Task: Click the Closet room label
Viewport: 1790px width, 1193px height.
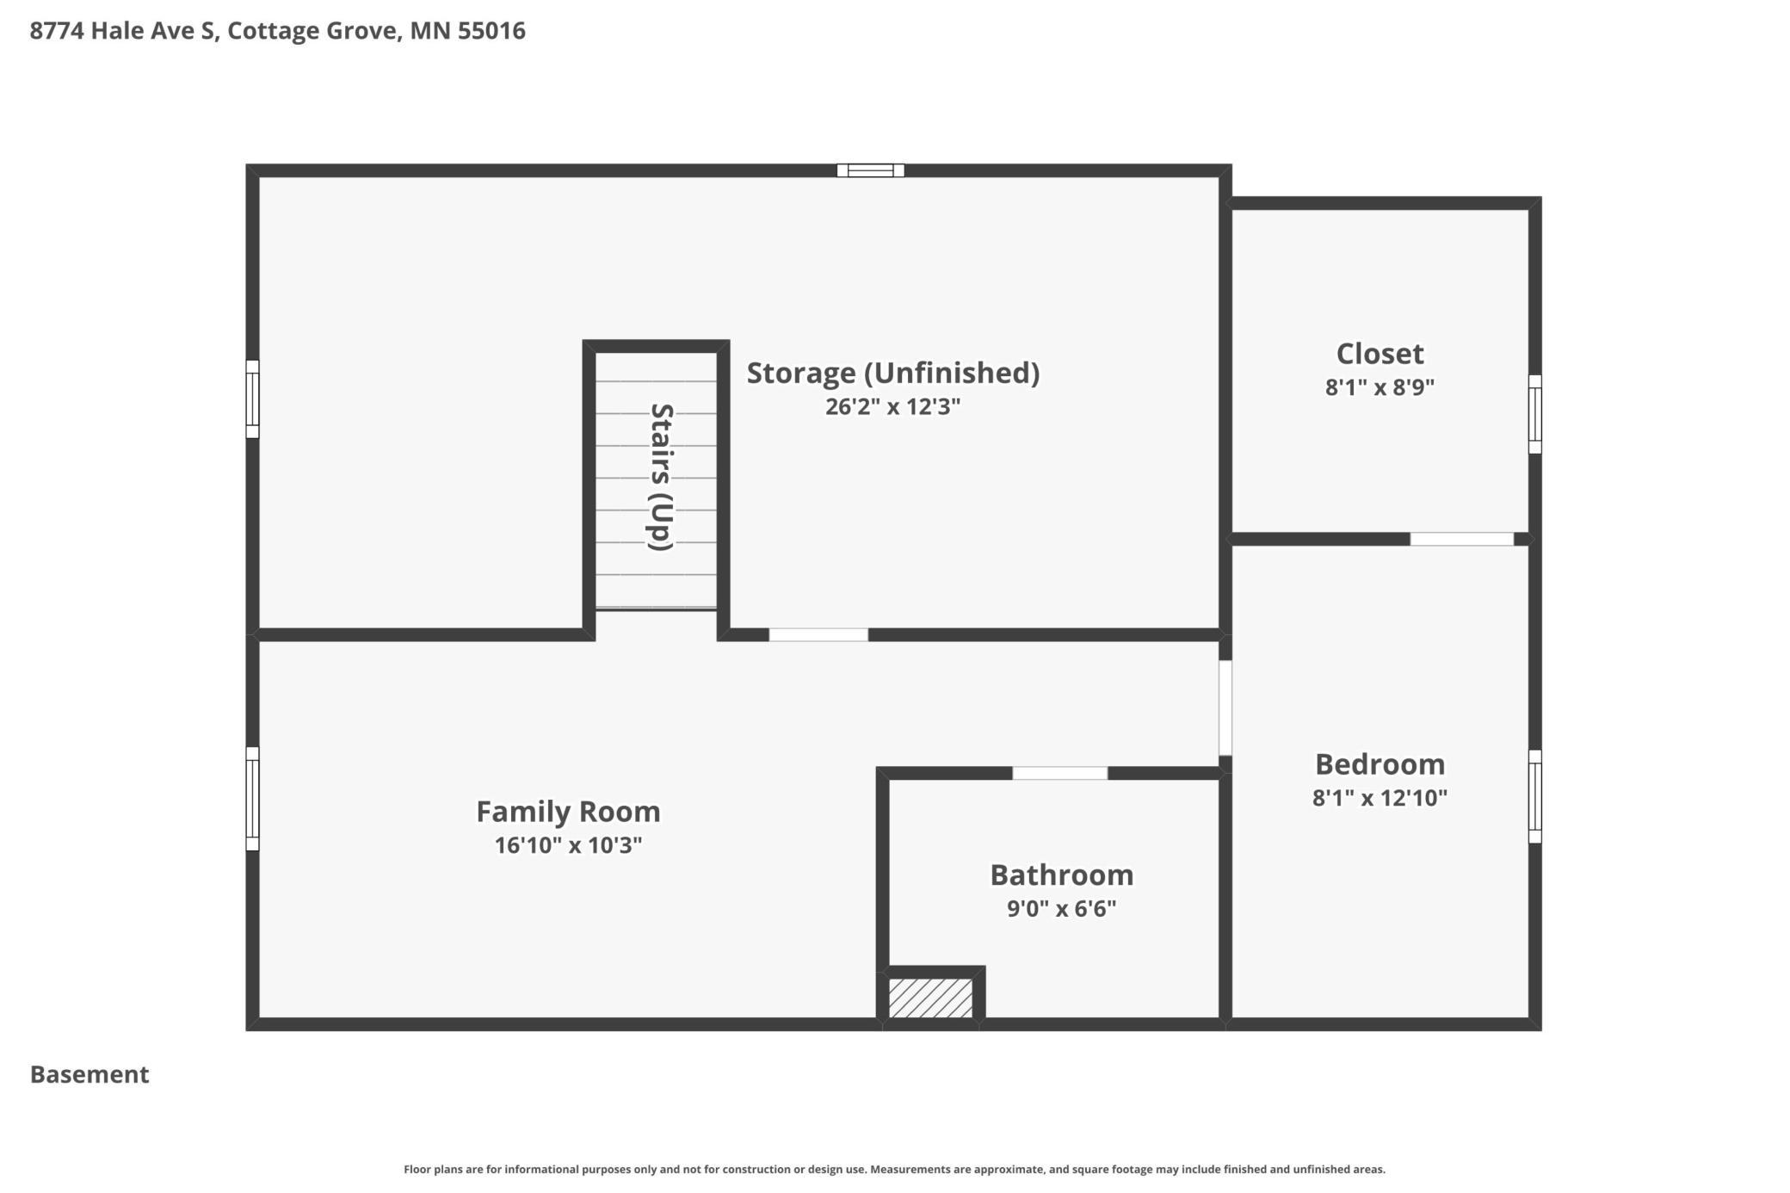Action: click(x=1380, y=354)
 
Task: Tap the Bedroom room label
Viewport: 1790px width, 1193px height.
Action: click(x=1380, y=764)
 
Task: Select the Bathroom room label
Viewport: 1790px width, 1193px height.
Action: click(x=1061, y=875)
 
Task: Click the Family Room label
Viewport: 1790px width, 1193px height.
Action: click(x=568, y=812)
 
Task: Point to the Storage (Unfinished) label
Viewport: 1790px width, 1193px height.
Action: click(x=892, y=373)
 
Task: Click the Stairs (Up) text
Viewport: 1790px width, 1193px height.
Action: click(x=660, y=477)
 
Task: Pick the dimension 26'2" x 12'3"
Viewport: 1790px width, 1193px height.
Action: click(x=892, y=406)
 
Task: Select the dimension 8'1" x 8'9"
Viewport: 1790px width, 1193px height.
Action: click(x=1380, y=387)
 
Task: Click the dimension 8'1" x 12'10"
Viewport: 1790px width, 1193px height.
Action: click(x=1380, y=798)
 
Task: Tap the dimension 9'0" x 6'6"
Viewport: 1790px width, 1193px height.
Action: click(x=1061, y=908)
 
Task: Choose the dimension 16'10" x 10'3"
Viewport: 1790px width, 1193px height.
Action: click(x=568, y=845)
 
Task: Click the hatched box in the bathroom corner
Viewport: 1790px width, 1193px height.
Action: click(x=930, y=998)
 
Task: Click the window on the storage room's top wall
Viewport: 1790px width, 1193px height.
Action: click(x=870, y=170)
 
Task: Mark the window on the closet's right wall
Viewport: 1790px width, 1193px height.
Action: click(x=1534, y=414)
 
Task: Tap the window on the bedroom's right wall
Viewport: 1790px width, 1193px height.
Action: click(x=1534, y=796)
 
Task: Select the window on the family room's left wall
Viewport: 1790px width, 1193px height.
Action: click(x=252, y=799)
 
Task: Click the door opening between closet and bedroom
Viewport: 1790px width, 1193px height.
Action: click(x=1461, y=540)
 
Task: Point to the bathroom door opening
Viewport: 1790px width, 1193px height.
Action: click(x=1059, y=773)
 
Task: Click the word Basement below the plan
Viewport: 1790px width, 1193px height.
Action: click(x=89, y=1074)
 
